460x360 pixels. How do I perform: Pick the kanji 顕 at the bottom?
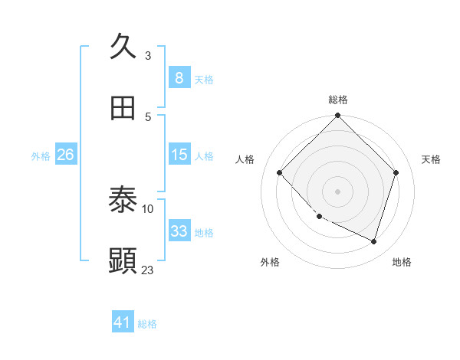click(123, 261)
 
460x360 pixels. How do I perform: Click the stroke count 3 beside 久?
click(148, 55)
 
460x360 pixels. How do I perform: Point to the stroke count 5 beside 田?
click(148, 116)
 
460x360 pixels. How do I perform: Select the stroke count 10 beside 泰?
click(148, 208)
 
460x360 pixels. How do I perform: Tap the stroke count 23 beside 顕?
click(148, 270)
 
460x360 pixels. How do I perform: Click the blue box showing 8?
click(179, 77)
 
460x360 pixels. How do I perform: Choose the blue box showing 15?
click(179, 154)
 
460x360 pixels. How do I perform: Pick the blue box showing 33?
click(179, 231)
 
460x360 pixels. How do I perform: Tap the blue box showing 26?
click(65, 154)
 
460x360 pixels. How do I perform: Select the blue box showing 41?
click(123, 322)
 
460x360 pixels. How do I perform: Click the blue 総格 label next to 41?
click(147, 324)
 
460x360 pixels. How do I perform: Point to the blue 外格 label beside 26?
click(41, 155)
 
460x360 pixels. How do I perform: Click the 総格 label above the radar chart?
click(337, 100)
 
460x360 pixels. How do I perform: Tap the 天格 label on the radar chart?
click(432, 159)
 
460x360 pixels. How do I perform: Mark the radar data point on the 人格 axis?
click(279, 172)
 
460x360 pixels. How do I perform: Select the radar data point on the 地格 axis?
click(373, 241)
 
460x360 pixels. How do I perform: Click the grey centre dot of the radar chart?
click(337, 191)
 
